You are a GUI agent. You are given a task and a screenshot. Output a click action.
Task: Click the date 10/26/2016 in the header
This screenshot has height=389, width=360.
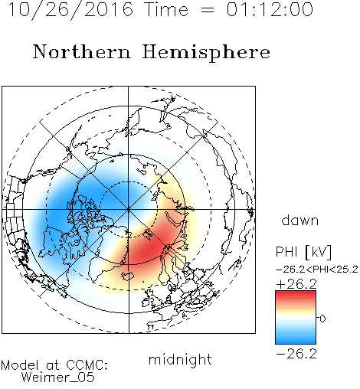click(x=70, y=10)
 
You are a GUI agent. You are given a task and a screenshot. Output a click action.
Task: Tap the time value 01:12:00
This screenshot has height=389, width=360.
click(x=270, y=9)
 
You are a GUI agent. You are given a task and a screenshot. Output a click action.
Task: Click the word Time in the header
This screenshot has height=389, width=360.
click(x=166, y=9)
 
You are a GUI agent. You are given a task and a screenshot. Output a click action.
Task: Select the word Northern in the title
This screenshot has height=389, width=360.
click(x=82, y=51)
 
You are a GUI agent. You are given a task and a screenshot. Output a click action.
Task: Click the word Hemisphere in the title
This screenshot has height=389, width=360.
click(x=206, y=53)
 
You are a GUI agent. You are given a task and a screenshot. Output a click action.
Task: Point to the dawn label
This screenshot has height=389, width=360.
click(x=300, y=220)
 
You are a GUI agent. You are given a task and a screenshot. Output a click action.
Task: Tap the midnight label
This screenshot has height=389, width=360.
click(x=180, y=360)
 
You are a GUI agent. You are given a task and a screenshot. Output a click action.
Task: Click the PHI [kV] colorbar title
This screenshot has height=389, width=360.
click(x=303, y=252)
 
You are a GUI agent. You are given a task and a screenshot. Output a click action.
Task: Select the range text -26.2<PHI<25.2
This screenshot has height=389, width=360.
click(x=317, y=270)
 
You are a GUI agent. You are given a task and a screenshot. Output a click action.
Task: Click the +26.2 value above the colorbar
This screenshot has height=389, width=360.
click(x=296, y=284)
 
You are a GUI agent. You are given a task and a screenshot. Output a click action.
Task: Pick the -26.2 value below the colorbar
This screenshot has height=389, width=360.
click(x=296, y=354)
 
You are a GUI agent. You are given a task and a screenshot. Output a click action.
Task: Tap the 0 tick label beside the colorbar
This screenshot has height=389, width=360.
click(x=322, y=319)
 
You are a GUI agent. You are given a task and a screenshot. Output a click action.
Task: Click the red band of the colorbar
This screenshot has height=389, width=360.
click(x=296, y=296)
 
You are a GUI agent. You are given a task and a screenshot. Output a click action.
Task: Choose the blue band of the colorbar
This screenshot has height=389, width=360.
click(x=296, y=338)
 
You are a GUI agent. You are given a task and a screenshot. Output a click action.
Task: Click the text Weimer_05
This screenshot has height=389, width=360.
click(x=58, y=378)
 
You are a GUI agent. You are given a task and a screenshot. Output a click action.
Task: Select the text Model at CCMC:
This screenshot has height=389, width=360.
click(x=54, y=365)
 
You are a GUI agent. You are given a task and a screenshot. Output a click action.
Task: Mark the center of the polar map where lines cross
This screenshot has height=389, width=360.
click(x=129, y=209)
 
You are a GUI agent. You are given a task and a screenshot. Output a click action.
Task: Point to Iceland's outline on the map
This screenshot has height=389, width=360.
click(x=128, y=276)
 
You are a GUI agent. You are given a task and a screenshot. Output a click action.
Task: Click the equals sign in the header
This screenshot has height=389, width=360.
click(x=208, y=10)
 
